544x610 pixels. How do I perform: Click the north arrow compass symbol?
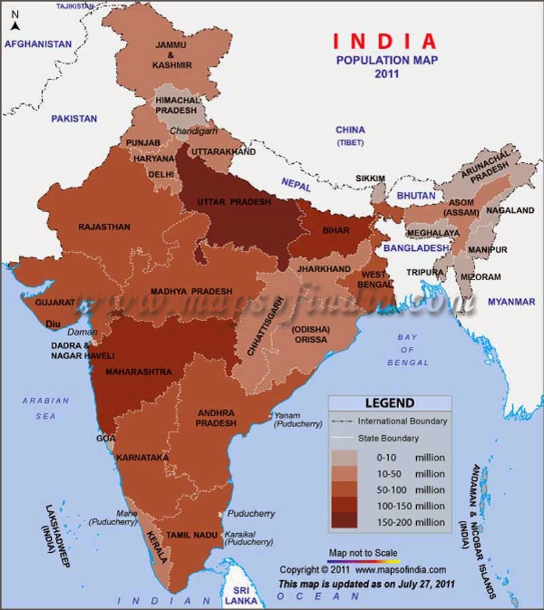pyautogui.click(x=15, y=20)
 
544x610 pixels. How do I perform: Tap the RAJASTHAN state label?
pyautogui.click(x=104, y=226)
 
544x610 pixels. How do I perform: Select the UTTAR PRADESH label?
pyautogui.click(x=234, y=202)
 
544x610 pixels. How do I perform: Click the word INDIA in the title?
pyautogui.click(x=385, y=42)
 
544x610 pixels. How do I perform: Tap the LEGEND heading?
pyautogui.click(x=390, y=403)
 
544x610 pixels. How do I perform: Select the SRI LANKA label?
pyautogui.click(x=243, y=595)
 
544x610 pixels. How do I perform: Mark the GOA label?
pyautogui.click(x=105, y=439)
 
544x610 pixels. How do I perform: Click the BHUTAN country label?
pyautogui.click(x=416, y=195)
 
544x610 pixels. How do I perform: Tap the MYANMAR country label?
pyautogui.click(x=511, y=301)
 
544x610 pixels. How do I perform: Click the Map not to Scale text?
pyautogui.click(x=363, y=553)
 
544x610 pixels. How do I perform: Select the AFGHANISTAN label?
pyautogui.click(x=38, y=44)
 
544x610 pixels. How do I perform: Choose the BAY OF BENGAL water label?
pyautogui.click(x=408, y=350)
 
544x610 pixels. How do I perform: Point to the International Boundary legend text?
pyautogui.click(x=403, y=421)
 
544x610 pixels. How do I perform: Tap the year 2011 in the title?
pyautogui.click(x=386, y=73)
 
